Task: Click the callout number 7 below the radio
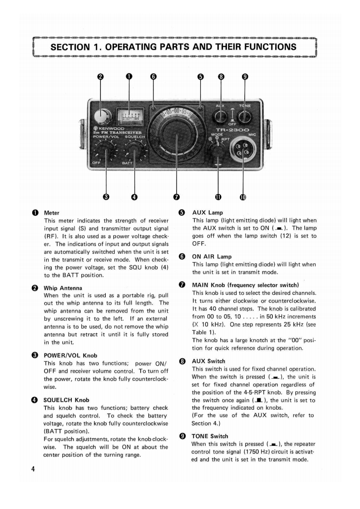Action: pos(177,197)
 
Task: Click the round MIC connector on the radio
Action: pos(242,150)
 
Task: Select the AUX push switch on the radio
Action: pos(220,116)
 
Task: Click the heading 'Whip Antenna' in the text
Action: pos(63,288)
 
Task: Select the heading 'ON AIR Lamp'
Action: pos(212,256)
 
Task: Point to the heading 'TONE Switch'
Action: pos(210,436)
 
